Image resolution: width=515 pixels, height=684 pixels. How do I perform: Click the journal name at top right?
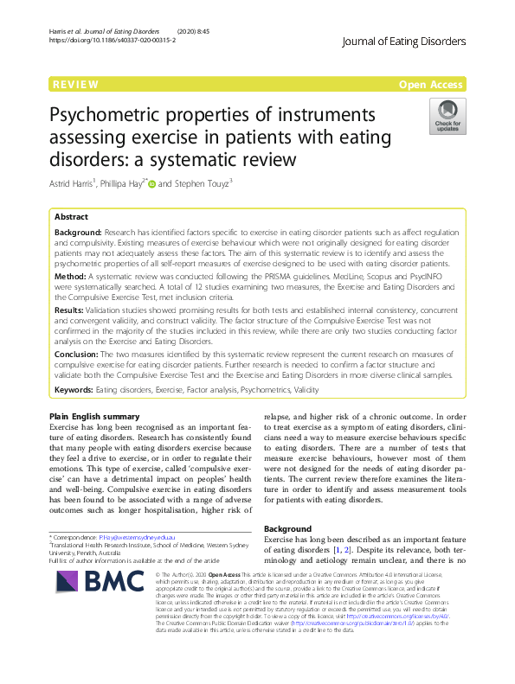404,41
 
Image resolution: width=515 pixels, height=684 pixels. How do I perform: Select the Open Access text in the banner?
432,84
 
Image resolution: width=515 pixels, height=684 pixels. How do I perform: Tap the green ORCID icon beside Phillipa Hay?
151,182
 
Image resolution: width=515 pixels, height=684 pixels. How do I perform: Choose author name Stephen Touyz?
199,182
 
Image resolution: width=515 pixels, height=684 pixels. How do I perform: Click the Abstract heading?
71,216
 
